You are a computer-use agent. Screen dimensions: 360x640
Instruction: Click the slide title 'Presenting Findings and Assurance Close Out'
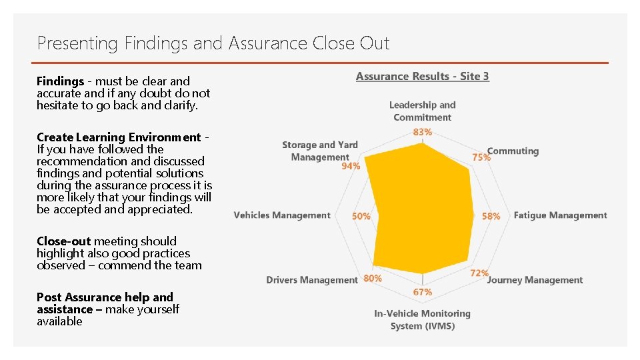tap(213, 44)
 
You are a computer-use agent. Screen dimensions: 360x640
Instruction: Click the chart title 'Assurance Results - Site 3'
tap(422, 76)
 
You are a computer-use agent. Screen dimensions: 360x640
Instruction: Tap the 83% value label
tap(423, 132)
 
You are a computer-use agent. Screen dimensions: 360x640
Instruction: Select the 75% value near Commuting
tap(481, 157)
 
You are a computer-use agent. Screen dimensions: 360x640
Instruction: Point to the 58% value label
tap(491, 216)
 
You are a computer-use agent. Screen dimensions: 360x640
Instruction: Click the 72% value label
tap(479, 273)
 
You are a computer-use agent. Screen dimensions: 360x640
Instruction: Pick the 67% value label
tap(423, 292)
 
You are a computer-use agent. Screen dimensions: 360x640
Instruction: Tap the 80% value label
tap(373, 278)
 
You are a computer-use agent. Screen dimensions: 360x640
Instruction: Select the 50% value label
tap(361, 216)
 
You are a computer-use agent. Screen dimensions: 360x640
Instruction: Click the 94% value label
tap(351, 166)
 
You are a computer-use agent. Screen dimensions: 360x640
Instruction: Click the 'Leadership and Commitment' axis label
tap(423, 111)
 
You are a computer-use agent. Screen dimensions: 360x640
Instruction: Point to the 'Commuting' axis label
tap(513, 151)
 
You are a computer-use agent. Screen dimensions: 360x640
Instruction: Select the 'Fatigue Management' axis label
tap(560, 215)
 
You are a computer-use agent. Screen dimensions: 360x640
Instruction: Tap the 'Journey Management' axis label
tap(535, 280)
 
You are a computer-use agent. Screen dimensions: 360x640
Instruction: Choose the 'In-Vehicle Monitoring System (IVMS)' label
tap(423, 319)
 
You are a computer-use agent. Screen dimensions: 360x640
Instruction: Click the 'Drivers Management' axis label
tap(312, 280)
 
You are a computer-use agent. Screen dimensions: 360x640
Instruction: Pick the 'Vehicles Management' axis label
tap(282, 215)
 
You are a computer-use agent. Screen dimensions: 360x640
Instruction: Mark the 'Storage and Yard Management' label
tap(320, 151)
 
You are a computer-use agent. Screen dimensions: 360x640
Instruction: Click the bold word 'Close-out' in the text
tap(64, 241)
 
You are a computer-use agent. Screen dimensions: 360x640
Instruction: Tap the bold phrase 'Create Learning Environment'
tap(119, 137)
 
